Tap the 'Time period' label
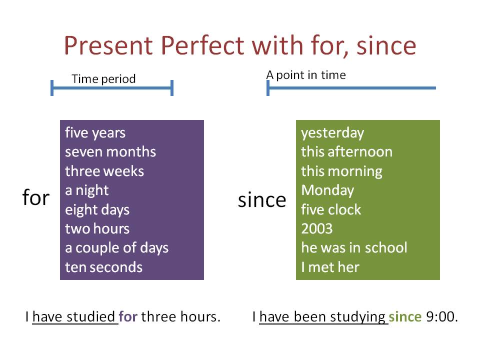[x=103, y=79]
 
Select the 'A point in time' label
[x=305, y=75]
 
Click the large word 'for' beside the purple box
[x=36, y=198]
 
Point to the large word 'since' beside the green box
[x=262, y=200]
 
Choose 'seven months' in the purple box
[x=110, y=151]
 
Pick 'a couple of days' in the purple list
[x=116, y=247]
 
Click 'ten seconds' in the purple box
[x=103, y=267]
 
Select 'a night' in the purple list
[x=86, y=190]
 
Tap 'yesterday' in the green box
[x=332, y=133]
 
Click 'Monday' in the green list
[x=327, y=190]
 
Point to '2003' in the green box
[x=316, y=228]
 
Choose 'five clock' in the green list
[x=330, y=209]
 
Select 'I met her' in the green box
[x=330, y=267]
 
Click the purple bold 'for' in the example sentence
[x=128, y=317]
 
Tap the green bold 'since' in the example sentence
[x=405, y=317]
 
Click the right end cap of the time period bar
[x=172, y=88]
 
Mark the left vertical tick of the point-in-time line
[x=268, y=88]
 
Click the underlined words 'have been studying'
[x=323, y=317]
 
